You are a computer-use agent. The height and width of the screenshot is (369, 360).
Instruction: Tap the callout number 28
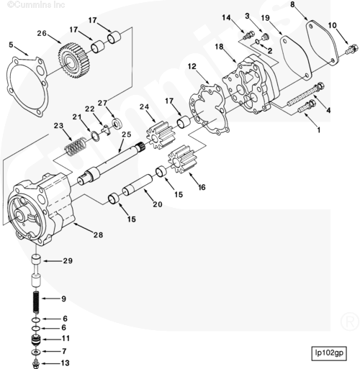coord(98,235)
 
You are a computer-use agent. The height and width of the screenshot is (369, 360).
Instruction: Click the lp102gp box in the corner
coord(329,353)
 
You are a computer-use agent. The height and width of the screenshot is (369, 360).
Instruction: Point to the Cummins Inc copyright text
coord(36,4)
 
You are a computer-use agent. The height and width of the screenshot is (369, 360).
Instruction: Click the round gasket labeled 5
coord(26,86)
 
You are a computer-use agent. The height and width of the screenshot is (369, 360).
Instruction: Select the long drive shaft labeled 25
coord(111,163)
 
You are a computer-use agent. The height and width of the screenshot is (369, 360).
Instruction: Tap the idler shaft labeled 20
coord(138,185)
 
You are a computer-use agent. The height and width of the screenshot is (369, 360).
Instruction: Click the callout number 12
coord(192,66)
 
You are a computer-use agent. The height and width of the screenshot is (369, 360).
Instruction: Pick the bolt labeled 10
coord(352,49)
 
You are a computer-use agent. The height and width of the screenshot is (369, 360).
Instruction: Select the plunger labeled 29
coord(36,271)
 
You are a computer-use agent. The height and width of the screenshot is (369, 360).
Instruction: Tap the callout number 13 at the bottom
coord(65,363)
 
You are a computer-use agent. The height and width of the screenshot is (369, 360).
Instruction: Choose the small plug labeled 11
coord(36,340)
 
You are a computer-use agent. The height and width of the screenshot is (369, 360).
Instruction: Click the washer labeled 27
coord(117,123)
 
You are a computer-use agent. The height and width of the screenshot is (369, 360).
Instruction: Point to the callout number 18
coord(219,47)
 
